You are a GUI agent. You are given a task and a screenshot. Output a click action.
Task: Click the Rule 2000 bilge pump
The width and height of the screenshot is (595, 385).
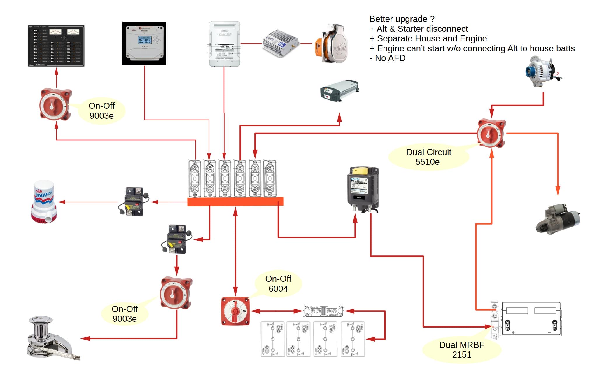tap(44, 202)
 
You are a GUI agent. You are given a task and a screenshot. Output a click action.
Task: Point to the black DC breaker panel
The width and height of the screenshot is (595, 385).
tap(56, 46)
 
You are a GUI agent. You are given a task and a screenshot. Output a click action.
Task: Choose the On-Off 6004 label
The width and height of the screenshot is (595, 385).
tap(278, 284)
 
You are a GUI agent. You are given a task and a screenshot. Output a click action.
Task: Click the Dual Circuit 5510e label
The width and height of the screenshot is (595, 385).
tap(428, 157)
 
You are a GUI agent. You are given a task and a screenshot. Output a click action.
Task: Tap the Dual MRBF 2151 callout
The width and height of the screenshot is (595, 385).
tap(461, 350)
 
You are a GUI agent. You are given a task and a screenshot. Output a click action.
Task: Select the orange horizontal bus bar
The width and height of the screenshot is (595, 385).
tap(235, 202)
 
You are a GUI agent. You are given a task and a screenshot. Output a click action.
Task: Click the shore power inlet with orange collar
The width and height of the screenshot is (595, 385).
tap(331, 44)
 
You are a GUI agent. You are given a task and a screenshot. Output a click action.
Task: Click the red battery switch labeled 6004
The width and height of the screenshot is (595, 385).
tap(235, 311)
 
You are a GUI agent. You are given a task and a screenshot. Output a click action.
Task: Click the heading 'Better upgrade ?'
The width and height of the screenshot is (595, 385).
tap(402, 19)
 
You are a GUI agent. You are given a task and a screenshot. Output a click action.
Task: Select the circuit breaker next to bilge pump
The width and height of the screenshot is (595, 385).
tap(134, 202)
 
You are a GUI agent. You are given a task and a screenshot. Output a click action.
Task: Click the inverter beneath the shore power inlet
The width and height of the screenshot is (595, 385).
tap(339, 91)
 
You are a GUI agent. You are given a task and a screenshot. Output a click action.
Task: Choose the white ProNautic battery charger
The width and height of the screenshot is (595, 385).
tap(225, 44)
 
